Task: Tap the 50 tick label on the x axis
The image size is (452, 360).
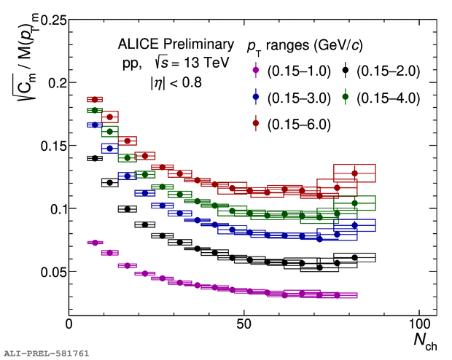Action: (x=243, y=324)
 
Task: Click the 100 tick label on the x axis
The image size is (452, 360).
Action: (x=419, y=324)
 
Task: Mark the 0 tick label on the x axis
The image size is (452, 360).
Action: (x=69, y=324)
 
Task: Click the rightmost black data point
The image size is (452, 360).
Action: (x=354, y=257)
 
